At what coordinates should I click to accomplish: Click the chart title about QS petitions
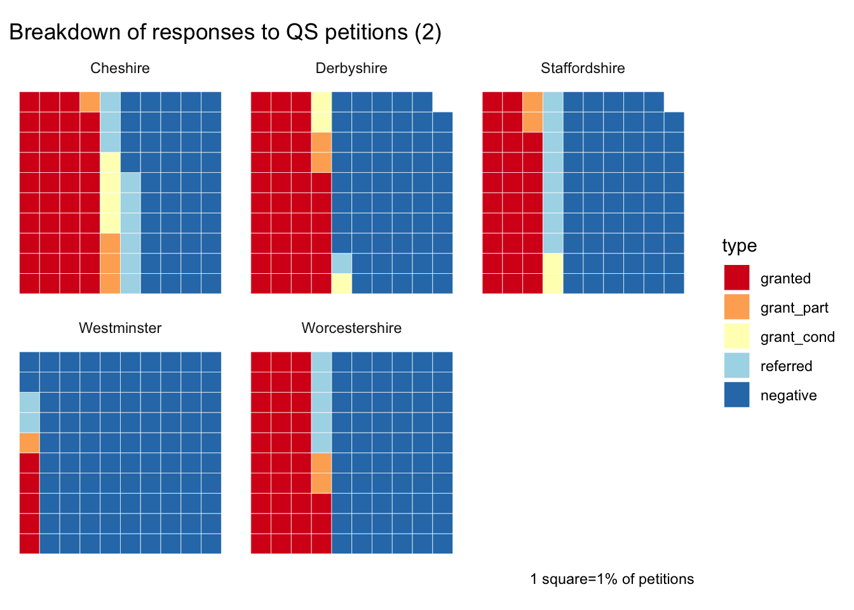[225, 32]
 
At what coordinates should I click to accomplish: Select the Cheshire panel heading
[120, 69]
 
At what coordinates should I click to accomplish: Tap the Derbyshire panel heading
[351, 69]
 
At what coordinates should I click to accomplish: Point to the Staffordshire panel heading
[583, 69]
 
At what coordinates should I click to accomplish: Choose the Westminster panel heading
[120, 328]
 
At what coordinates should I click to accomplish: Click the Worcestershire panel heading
[351, 328]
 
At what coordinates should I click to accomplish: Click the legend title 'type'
[739, 246]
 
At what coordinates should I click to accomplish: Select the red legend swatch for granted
[736, 278]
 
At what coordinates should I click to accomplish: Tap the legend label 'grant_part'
[794, 308]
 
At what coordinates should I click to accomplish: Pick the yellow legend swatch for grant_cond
[736, 336]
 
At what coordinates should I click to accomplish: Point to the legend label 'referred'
[786, 366]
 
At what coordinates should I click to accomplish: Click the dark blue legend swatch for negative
[736, 395]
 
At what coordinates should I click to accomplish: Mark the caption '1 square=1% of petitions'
[612, 579]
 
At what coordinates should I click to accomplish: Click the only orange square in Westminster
[29, 442]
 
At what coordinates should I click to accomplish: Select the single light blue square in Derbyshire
[341, 263]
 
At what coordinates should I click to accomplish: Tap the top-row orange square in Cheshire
[90, 102]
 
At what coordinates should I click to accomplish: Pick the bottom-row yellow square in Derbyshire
[341, 283]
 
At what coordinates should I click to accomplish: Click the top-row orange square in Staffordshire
[532, 102]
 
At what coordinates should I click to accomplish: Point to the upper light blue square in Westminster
[29, 402]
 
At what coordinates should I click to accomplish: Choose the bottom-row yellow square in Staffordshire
[553, 283]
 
